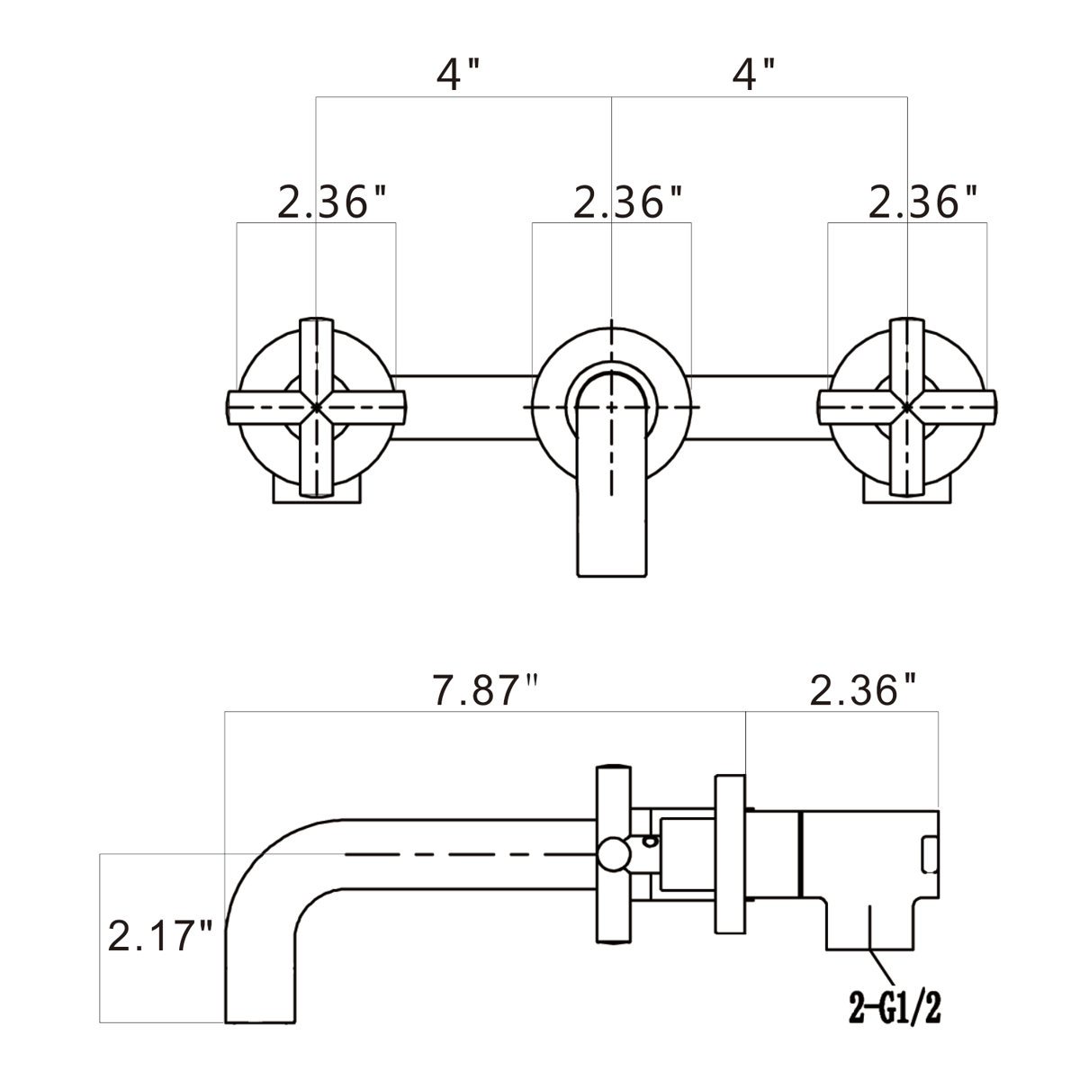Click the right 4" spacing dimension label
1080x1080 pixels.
[x=753, y=75]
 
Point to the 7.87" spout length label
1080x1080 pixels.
[x=484, y=692]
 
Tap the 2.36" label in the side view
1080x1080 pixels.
[x=863, y=692]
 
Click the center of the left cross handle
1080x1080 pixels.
[x=315, y=407]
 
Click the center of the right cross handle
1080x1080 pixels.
[x=906, y=407]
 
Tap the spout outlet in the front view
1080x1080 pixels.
[x=611, y=549]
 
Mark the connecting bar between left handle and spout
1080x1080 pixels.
[x=463, y=407]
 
